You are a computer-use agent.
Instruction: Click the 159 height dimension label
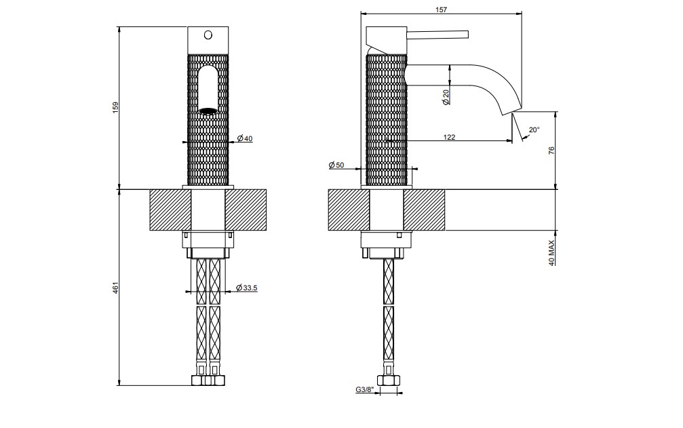[x=115, y=108]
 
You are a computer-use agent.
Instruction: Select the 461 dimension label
[x=115, y=288]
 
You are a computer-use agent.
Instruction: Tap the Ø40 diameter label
[x=245, y=138]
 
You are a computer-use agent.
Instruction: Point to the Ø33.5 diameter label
[x=246, y=288]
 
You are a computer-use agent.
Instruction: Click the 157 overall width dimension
[x=442, y=9]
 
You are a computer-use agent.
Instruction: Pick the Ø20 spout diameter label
[x=445, y=97]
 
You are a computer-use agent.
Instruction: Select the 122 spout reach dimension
[x=449, y=137]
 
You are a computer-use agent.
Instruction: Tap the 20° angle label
[x=534, y=130]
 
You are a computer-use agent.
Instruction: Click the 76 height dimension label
[x=551, y=151]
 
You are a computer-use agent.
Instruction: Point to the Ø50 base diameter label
[x=336, y=165]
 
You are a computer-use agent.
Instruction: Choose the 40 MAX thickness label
[x=551, y=252]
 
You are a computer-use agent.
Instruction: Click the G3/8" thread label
[x=365, y=390]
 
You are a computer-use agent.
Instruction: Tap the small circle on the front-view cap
[x=208, y=34]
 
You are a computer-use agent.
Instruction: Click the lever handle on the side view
[x=437, y=35]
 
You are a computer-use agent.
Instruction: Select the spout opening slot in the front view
[x=208, y=90]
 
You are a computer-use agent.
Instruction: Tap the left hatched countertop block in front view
[x=170, y=210]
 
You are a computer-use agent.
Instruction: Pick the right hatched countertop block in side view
[x=425, y=210]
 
